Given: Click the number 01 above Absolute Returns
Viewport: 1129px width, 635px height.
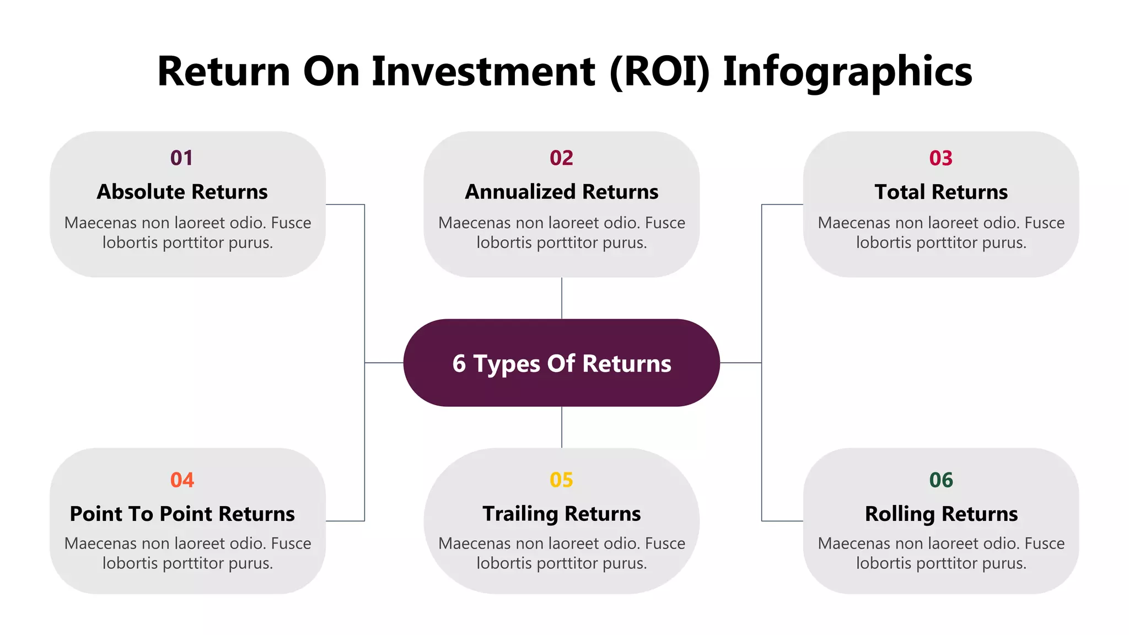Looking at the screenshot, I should tap(181, 158).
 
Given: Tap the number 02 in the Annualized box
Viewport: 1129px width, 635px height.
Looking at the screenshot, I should tap(561, 158).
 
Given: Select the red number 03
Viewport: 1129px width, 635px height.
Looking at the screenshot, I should tap(940, 158).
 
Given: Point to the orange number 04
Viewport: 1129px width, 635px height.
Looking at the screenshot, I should tap(182, 480).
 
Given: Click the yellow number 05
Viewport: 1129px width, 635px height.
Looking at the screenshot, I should tap(561, 480).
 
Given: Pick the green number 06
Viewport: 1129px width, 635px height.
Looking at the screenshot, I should tap(940, 480).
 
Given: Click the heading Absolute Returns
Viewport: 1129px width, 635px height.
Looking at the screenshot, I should tap(182, 192).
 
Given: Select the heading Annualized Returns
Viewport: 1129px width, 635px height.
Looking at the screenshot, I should tap(561, 192).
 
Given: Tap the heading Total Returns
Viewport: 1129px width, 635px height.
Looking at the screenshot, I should tap(940, 192).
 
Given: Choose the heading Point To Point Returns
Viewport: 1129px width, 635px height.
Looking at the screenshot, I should tap(182, 514).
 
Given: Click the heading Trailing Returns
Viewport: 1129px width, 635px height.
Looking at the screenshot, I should tap(561, 514).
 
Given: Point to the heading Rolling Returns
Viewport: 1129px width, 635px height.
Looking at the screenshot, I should tap(940, 514).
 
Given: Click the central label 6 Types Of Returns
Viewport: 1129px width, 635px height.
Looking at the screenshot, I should tap(561, 363).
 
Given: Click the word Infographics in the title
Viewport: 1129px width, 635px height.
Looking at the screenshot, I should tap(847, 72).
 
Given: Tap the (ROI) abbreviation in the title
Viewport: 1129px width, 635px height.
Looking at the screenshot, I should tap(659, 72).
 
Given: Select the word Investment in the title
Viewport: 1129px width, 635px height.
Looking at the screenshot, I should tap(483, 72).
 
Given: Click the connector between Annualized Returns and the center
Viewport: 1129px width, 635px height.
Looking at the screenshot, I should tap(562, 298).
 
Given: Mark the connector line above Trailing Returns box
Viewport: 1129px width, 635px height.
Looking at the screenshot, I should tap(562, 427).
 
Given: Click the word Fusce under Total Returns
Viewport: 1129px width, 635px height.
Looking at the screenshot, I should tap(1044, 223).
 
